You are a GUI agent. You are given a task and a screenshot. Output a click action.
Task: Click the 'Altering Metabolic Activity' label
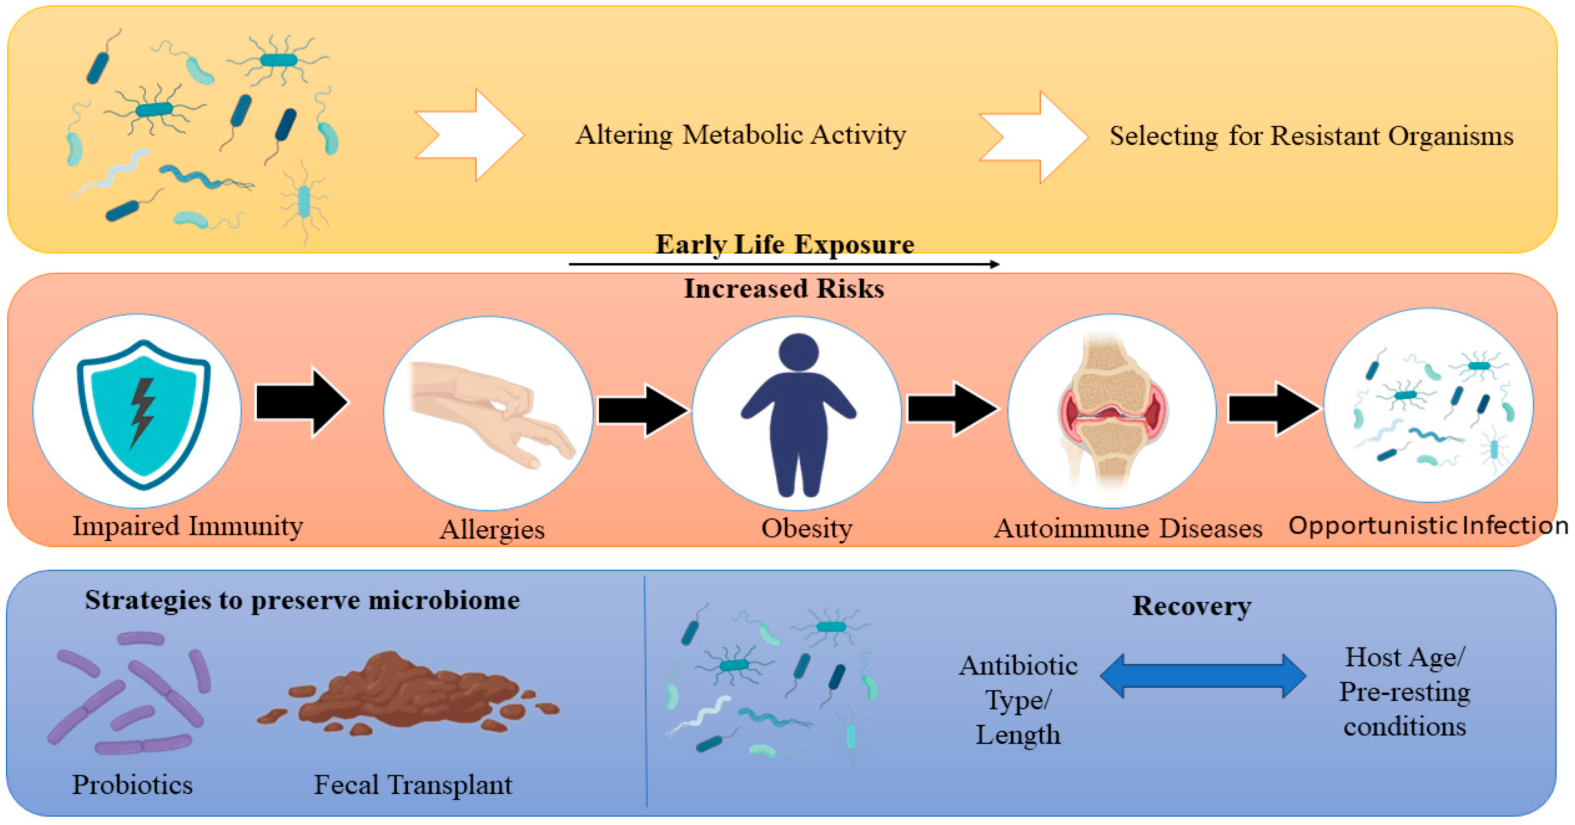point(741,135)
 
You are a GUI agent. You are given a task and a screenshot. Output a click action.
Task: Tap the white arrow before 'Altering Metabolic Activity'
point(469,135)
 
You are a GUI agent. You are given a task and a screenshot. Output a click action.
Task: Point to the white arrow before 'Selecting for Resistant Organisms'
point(1034,137)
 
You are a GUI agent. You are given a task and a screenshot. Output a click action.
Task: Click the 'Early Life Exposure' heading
point(785,244)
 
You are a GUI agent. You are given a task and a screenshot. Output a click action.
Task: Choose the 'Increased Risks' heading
point(784,288)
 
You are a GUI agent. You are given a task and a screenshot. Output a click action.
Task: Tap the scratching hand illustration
point(492,413)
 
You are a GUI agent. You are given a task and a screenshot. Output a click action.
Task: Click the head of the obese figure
point(798,352)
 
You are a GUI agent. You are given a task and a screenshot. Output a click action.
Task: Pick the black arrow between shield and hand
point(302,402)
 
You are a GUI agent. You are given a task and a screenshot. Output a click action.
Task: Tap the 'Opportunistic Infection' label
point(1428,525)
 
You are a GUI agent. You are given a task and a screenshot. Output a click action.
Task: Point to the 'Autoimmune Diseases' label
point(1128,528)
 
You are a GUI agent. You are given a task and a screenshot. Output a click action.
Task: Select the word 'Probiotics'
point(132,785)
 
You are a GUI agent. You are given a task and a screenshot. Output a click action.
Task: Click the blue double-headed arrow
point(1203,676)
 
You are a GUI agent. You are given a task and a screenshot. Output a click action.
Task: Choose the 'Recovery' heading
point(1192,606)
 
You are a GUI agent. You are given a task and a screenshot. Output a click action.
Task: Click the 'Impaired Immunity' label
point(188,526)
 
